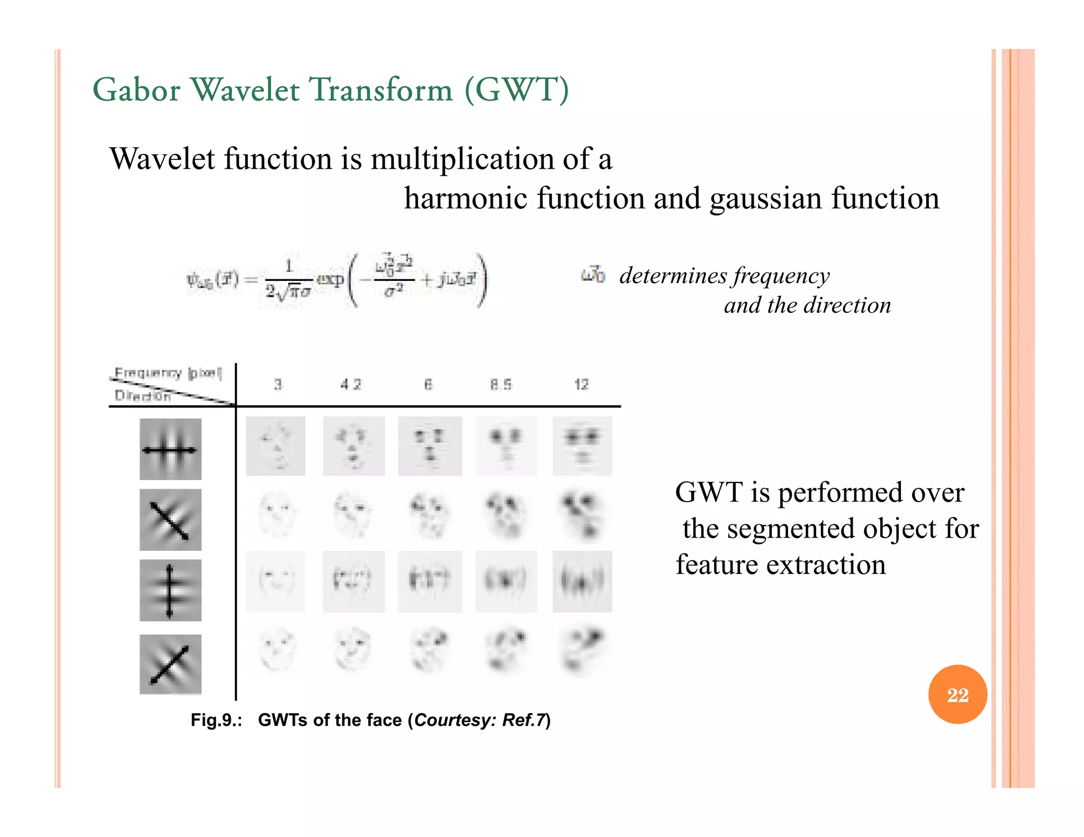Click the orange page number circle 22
(957, 694)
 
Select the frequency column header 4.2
(351, 385)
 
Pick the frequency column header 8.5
(501, 385)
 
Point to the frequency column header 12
(581, 385)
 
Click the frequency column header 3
(278, 385)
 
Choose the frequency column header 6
(428, 385)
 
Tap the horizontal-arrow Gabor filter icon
(170, 449)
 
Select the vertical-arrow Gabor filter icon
(170, 590)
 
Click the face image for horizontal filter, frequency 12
(582, 446)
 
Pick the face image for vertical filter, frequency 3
(276, 581)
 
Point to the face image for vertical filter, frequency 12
(582, 581)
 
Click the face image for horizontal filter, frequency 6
(430, 446)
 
